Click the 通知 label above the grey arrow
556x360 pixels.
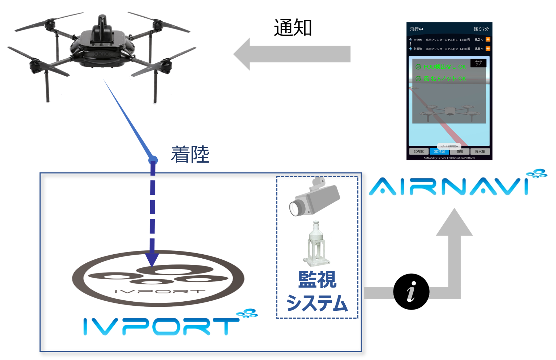(x=292, y=27)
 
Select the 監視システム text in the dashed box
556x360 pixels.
(x=317, y=291)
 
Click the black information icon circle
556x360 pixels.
(x=411, y=292)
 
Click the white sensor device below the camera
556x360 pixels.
(x=316, y=244)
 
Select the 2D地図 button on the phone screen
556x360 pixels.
(x=419, y=152)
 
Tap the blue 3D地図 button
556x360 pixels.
(x=439, y=152)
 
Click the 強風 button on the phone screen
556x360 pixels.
(x=460, y=152)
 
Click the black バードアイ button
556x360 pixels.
(x=478, y=63)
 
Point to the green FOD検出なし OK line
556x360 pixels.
(x=441, y=67)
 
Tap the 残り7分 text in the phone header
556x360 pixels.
(x=481, y=29)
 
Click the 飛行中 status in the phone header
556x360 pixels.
(x=417, y=29)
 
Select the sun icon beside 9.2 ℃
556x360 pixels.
(x=488, y=39)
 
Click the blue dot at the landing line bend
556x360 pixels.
(x=153, y=160)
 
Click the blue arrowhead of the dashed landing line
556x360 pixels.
(x=152, y=260)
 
